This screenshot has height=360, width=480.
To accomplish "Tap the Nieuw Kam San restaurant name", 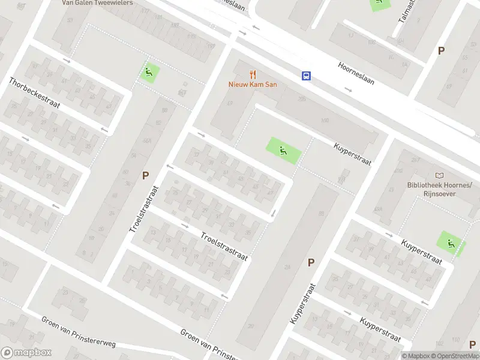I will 253,85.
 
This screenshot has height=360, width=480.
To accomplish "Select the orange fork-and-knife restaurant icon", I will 253,75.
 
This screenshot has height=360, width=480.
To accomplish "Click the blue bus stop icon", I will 306,76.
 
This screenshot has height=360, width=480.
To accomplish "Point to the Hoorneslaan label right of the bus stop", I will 356,73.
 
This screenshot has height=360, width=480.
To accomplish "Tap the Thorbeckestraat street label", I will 34,95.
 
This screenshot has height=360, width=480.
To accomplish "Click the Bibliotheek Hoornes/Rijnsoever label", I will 440,190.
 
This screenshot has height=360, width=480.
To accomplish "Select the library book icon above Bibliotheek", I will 440,175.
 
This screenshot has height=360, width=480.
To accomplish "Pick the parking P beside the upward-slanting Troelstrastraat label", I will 145,176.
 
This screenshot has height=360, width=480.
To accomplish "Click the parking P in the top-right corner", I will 441,51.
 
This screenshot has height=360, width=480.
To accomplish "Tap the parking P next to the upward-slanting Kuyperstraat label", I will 311,262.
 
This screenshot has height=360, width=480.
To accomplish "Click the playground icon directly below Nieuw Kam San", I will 282,150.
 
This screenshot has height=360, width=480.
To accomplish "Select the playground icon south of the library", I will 449,242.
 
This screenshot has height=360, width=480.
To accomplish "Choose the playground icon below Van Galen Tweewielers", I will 149,73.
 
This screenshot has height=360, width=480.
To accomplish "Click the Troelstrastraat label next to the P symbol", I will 142,204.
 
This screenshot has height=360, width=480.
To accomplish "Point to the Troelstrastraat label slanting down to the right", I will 224,246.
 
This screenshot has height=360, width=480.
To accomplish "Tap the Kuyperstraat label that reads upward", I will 302,304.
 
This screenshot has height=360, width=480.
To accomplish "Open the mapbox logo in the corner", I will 26,353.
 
